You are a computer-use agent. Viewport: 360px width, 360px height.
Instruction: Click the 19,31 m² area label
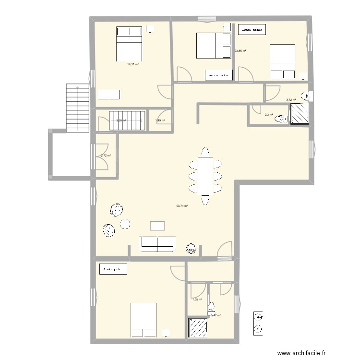pyautogui.click(x=132, y=64)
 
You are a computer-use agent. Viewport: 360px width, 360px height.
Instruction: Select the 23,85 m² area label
pyautogui.click(x=240, y=51)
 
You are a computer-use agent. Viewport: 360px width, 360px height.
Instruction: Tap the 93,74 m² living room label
pyautogui.click(x=181, y=206)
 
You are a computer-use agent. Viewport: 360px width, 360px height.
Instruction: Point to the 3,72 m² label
pyautogui.click(x=291, y=100)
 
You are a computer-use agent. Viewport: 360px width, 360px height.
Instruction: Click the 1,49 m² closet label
pyautogui.click(x=160, y=120)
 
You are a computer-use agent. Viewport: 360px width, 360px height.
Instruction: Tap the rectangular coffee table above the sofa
pyautogui.click(x=157, y=226)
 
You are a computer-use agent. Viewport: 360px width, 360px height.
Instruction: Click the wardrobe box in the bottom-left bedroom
pyautogui.click(x=113, y=269)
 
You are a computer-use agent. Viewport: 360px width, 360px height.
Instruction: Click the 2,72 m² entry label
pyautogui.click(x=106, y=156)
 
